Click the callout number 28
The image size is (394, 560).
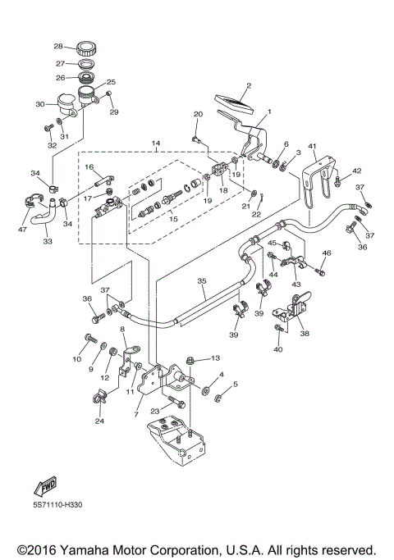pos(58,46)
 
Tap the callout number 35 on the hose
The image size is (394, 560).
pos(200,280)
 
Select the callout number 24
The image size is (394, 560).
pos(99,421)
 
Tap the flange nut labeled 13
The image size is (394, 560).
pos(190,358)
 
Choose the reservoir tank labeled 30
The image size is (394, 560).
pos(66,102)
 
